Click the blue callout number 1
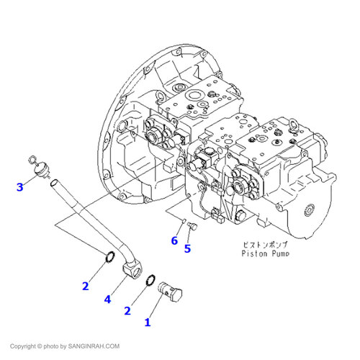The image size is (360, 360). click(x=148, y=323)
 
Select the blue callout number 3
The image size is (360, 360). click(x=20, y=187)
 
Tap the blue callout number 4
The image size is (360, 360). click(x=108, y=300)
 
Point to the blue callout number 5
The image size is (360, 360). click(x=187, y=248)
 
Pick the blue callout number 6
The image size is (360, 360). click(x=174, y=240)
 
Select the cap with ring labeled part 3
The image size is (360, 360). click(x=38, y=167)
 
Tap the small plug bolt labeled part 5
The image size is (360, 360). click(x=192, y=225)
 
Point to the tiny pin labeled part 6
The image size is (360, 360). click(x=183, y=220)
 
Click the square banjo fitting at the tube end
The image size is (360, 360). click(x=132, y=269)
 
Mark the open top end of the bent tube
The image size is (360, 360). click(x=54, y=183)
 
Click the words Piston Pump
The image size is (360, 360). click(x=265, y=253)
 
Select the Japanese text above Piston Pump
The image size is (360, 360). click(x=265, y=245)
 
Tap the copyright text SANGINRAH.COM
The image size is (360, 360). click(x=94, y=346)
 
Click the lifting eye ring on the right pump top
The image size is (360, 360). click(x=294, y=125)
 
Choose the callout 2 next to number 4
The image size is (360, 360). click(x=86, y=286)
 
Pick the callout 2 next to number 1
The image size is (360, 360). click(x=127, y=311)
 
